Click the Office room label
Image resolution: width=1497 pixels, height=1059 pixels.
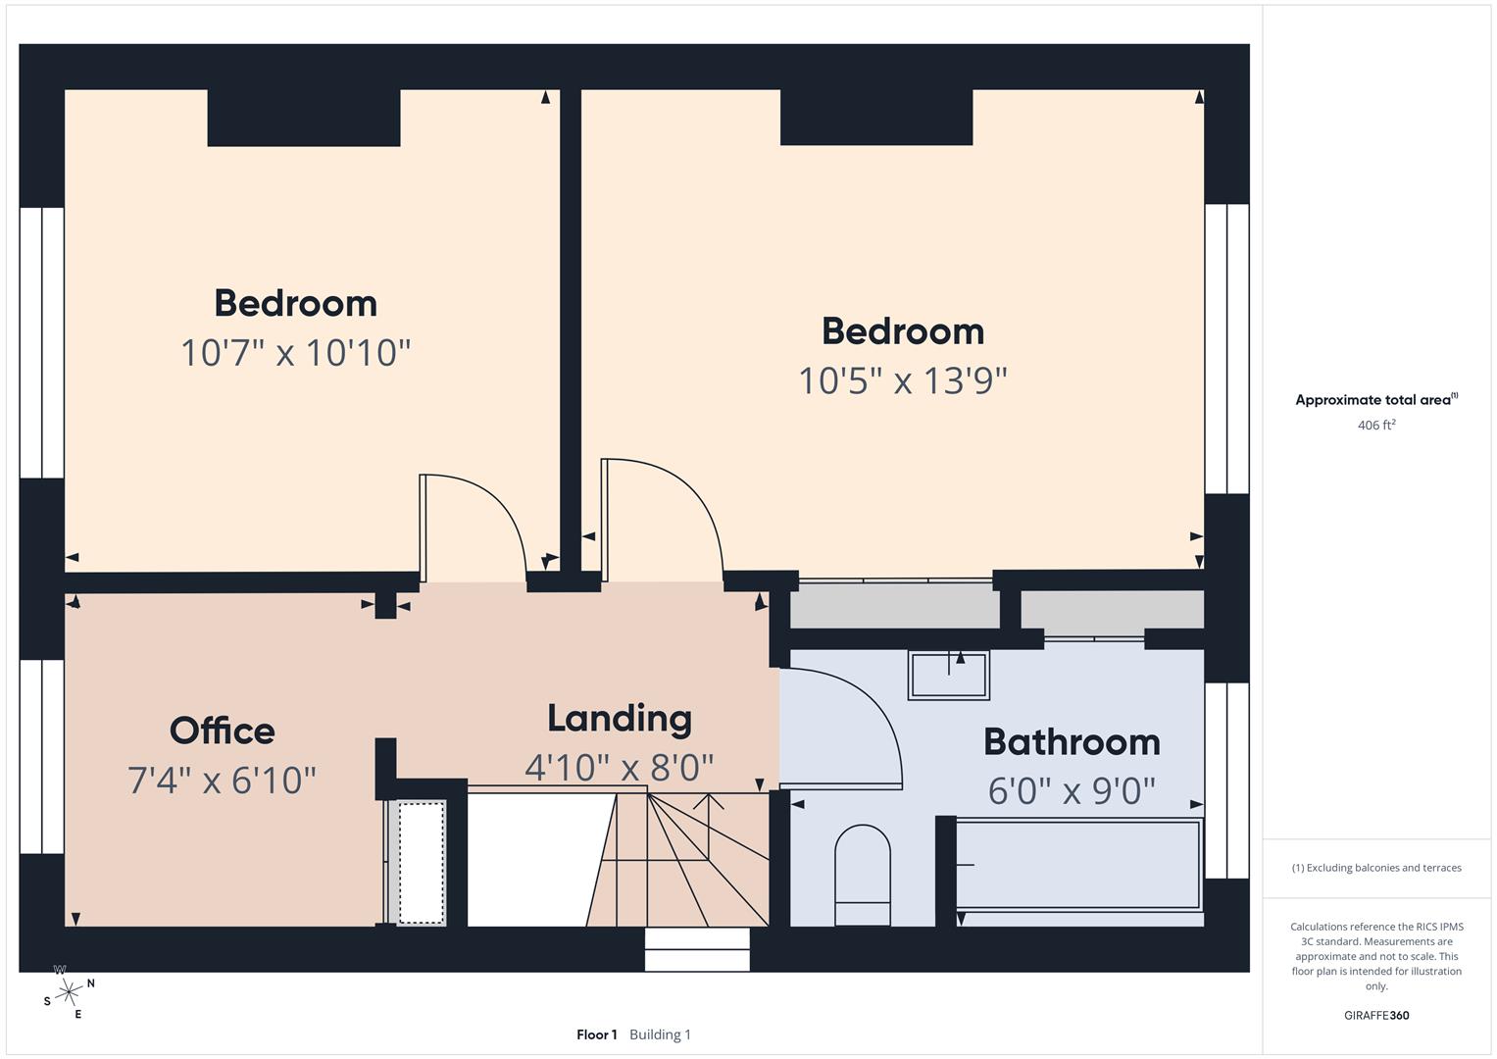coord(223,731)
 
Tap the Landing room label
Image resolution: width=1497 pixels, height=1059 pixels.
coord(619,719)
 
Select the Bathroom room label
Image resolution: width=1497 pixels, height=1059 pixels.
coord(1072,742)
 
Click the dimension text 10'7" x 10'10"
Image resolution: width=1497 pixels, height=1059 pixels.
coord(295,352)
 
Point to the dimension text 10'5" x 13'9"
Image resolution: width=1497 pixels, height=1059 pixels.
coord(902,380)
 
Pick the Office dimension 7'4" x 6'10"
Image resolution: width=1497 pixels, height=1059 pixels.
coord(223,781)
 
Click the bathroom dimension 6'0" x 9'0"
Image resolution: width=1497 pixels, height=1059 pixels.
coord(1072,790)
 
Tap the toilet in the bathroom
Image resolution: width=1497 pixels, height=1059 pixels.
coord(863,875)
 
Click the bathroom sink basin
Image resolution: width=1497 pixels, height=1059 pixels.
coord(948,675)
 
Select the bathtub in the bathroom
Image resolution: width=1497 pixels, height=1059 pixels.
coord(1078,866)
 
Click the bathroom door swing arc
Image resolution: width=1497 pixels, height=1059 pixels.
coord(853,721)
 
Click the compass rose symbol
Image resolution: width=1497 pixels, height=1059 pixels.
coord(69,993)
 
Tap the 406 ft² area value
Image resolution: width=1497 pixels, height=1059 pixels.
coord(1375,426)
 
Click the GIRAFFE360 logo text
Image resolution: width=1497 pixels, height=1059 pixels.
coord(1375,1015)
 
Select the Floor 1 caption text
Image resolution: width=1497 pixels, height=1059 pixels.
coord(596,1034)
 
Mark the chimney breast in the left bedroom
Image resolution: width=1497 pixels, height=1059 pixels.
coord(303,118)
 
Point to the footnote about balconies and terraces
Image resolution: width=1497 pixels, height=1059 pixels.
coord(1375,868)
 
